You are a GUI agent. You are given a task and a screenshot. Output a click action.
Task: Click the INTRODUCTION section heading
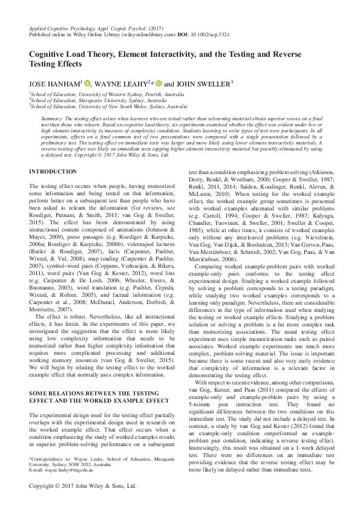(x=53, y=172)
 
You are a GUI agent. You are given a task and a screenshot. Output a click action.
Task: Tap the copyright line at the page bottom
(x=83, y=485)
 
